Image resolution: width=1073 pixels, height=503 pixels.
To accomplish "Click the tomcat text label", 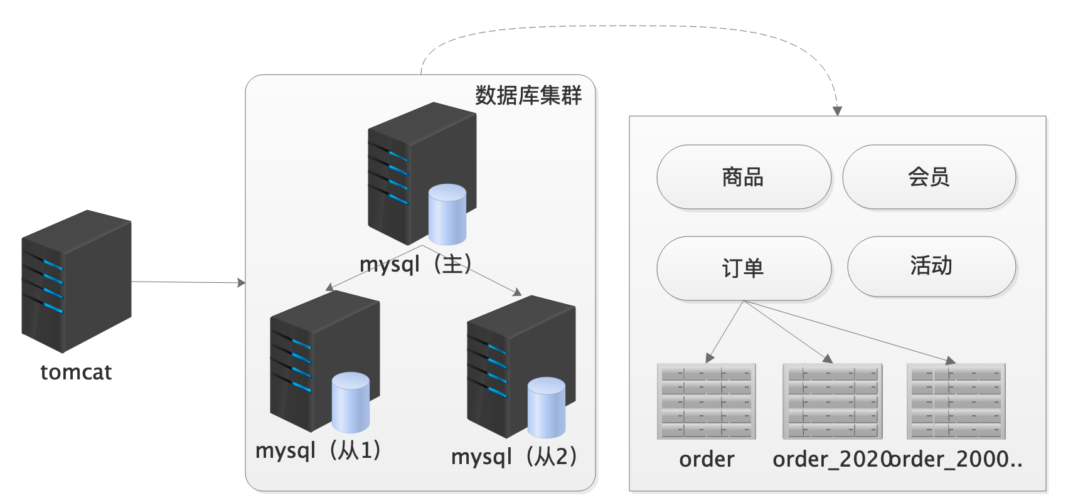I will [x=76, y=373].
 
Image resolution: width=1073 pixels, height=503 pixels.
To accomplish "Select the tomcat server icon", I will [x=76, y=282].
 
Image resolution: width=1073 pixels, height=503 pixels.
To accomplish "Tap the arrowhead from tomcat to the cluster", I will [x=242, y=283].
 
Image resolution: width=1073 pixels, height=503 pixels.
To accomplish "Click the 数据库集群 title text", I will [x=528, y=95].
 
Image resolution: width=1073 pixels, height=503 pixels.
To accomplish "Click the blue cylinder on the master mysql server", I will [x=447, y=214].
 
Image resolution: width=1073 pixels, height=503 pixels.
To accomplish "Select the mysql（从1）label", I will [x=318, y=450].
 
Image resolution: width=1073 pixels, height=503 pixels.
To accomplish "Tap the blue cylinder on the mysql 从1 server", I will [x=350, y=403].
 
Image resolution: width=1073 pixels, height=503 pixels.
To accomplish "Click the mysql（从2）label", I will [x=514, y=457].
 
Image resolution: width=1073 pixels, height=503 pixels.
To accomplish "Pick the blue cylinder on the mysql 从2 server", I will [x=547, y=408].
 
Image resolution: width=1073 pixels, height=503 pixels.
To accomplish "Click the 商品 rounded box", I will [x=743, y=177].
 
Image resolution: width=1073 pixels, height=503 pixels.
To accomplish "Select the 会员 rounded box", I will [x=929, y=177].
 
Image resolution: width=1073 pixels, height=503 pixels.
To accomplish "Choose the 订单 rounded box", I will [x=743, y=268].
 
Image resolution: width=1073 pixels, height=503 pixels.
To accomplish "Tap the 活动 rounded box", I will [x=931, y=266].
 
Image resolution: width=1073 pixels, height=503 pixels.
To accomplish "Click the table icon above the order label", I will [x=707, y=401].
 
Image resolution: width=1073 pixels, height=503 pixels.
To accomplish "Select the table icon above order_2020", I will [x=832, y=401].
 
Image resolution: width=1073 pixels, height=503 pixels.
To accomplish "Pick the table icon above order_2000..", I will [x=956, y=401].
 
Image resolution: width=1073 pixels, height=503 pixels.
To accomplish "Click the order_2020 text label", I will [x=831, y=460].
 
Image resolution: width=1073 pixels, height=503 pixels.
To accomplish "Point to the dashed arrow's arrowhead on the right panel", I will [x=837, y=111].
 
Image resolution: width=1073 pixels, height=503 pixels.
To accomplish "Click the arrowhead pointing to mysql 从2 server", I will [x=518, y=292].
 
